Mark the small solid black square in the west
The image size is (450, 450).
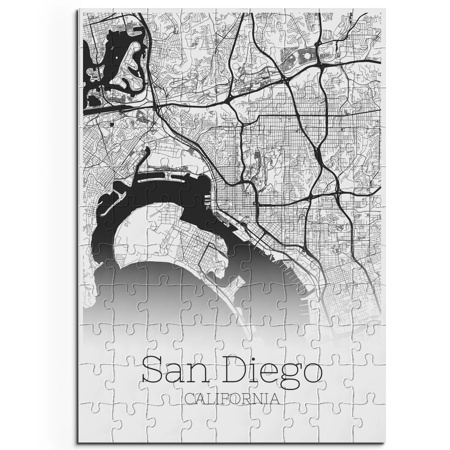pos(112,124)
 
